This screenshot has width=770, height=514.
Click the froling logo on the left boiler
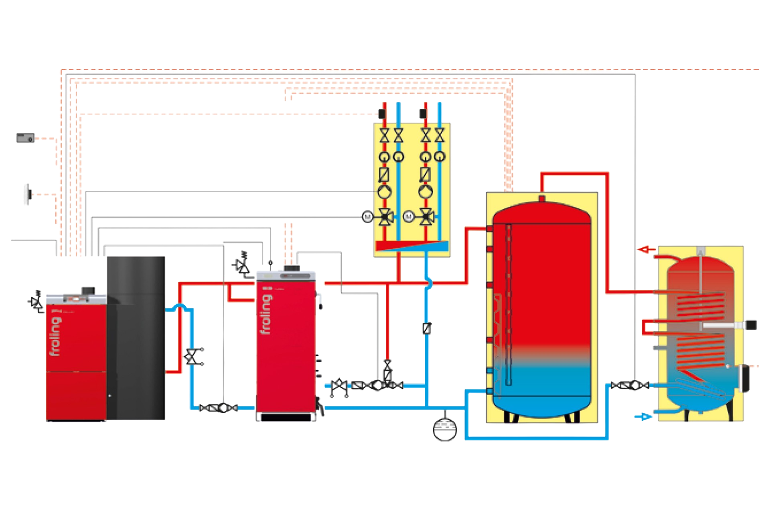click(57, 337)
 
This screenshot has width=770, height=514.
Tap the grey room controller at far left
click(25, 138)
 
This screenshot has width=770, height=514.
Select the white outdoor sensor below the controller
click(27, 194)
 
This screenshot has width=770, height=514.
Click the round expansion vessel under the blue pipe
click(445, 429)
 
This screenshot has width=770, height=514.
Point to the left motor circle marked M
click(367, 217)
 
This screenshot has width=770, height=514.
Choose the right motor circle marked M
click(408, 217)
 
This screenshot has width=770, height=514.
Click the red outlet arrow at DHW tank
click(644, 250)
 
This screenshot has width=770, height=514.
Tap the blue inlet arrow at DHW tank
click(643, 416)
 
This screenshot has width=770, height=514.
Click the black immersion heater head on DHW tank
click(750, 324)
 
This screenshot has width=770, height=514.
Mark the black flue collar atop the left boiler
click(86, 290)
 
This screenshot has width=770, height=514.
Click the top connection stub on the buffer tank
click(541, 198)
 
